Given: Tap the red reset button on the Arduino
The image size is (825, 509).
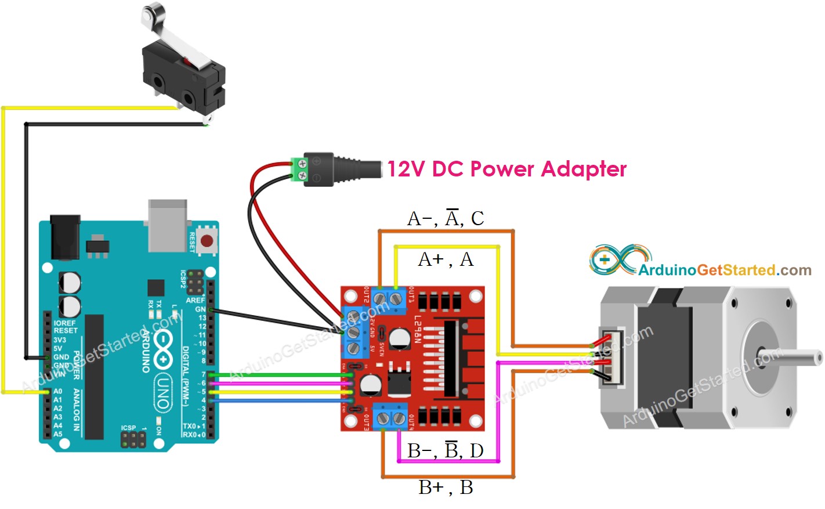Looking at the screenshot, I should (x=206, y=240).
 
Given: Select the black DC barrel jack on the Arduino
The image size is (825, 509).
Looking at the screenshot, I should (x=64, y=237).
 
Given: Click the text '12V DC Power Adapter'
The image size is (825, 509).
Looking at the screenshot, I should (x=506, y=169).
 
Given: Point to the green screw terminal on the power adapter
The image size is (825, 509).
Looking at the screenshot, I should (x=299, y=169).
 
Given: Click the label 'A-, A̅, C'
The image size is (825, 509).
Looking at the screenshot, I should (x=445, y=218).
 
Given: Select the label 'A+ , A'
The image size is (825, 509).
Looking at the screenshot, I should (x=445, y=259).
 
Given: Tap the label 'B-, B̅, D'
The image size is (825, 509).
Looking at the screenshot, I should (x=445, y=450).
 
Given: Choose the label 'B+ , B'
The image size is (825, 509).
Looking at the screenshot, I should (x=445, y=487).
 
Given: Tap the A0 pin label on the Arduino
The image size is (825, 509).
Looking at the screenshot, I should (x=57, y=391).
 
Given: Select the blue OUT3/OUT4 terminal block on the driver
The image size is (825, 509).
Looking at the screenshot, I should (x=390, y=417).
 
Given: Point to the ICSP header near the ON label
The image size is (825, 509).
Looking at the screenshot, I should (x=133, y=439).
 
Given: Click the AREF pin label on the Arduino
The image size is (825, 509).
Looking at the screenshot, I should (x=195, y=300).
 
